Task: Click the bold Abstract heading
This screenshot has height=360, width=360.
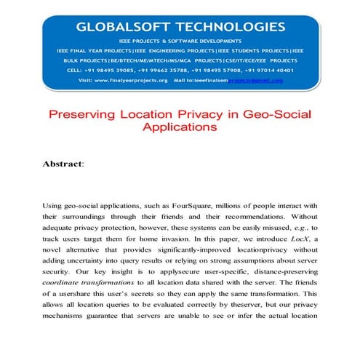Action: (x=63, y=164)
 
